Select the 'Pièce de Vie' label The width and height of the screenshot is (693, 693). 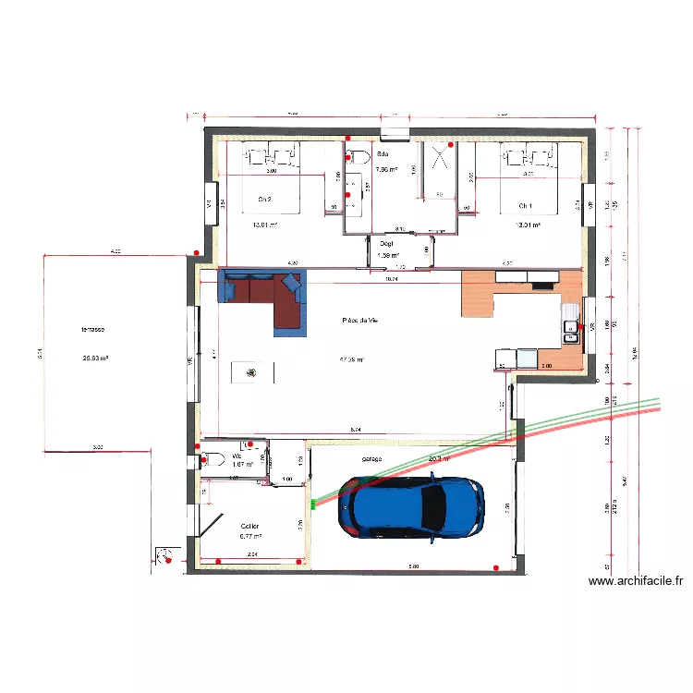pos(360,320)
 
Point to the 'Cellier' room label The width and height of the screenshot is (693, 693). pos(250,525)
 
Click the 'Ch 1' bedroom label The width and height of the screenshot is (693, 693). pos(526,205)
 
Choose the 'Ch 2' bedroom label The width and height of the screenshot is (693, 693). pos(264,199)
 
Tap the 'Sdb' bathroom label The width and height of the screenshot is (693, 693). pos(383,154)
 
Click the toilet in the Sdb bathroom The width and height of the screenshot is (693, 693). pos(359,154)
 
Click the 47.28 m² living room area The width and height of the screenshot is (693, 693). pos(352,359)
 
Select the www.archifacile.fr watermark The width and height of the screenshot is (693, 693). pos(636,581)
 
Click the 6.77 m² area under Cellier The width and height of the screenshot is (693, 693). pos(250,536)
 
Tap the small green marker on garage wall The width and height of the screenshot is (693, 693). pos(312,504)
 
